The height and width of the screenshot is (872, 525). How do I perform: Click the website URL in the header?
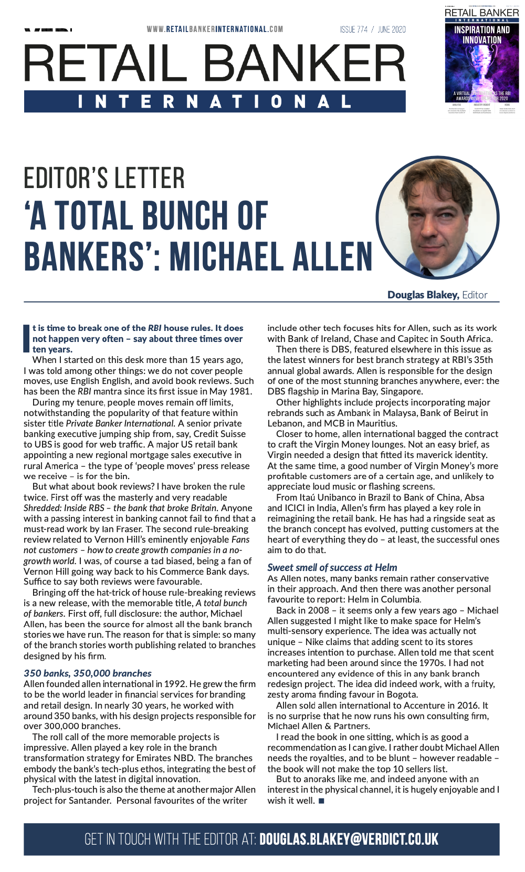point(215,29)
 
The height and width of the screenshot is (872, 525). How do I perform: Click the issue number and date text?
point(373,29)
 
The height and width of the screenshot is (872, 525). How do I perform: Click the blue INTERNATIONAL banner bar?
point(215,101)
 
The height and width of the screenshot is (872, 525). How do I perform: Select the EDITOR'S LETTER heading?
point(104,179)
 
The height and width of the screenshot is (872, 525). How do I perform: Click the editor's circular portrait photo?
point(438,217)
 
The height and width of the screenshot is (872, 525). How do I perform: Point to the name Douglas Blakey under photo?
point(423,295)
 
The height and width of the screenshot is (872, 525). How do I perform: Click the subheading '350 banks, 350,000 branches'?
point(88,673)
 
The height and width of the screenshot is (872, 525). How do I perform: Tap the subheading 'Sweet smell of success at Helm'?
point(332,567)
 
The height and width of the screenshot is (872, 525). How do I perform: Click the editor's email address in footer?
point(349,839)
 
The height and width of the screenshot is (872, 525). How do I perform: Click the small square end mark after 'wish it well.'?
point(321,801)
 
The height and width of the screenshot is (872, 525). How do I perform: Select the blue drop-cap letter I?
point(27,338)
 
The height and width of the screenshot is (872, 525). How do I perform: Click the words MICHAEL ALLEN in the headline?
point(271,257)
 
